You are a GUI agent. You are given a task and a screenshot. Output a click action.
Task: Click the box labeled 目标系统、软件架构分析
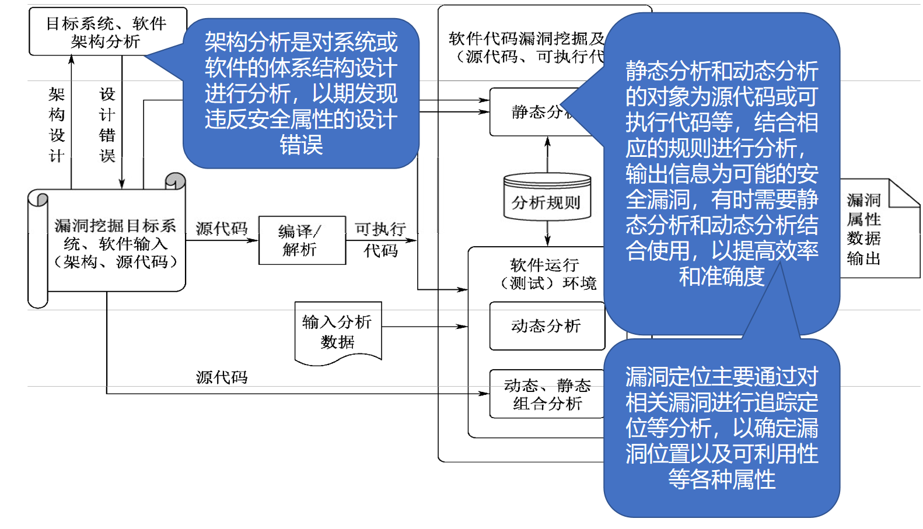point(107,31)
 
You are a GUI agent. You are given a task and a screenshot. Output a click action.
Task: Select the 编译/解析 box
point(302,240)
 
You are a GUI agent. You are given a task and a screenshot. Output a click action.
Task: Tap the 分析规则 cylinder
point(547,198)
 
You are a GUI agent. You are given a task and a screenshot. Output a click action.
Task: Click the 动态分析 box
point(547,326)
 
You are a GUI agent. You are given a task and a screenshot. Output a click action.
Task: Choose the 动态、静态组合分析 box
point(547,394)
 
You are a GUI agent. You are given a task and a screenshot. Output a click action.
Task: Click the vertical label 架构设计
point(57,125)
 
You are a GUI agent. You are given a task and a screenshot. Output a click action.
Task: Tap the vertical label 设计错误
point(107,125)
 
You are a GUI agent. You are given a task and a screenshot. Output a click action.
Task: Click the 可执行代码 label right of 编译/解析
point(380,239)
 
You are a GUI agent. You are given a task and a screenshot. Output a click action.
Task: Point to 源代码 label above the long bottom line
point(222,377)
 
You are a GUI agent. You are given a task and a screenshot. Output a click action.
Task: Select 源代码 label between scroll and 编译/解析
point(222,228)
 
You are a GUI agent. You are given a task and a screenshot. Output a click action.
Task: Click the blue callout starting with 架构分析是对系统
point(301,93)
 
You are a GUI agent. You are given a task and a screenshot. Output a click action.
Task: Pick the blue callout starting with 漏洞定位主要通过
point(722,428)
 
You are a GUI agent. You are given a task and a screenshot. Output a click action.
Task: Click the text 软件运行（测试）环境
point(546,274)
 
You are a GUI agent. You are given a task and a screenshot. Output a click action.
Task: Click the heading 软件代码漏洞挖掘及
point(526,39)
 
